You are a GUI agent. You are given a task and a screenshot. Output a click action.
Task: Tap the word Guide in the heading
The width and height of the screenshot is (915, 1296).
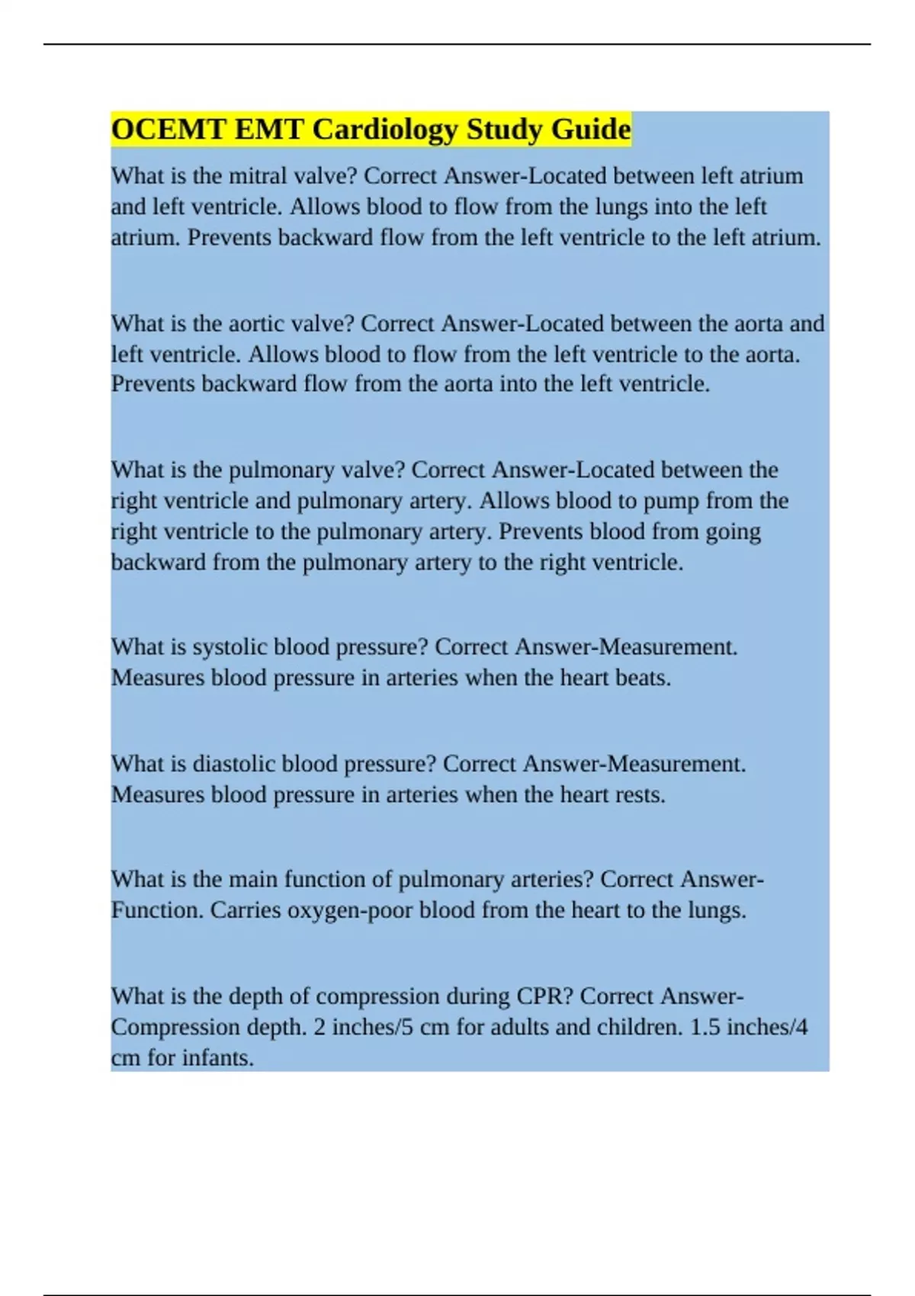591,130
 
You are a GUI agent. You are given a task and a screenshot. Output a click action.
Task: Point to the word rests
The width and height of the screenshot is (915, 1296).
640,795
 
